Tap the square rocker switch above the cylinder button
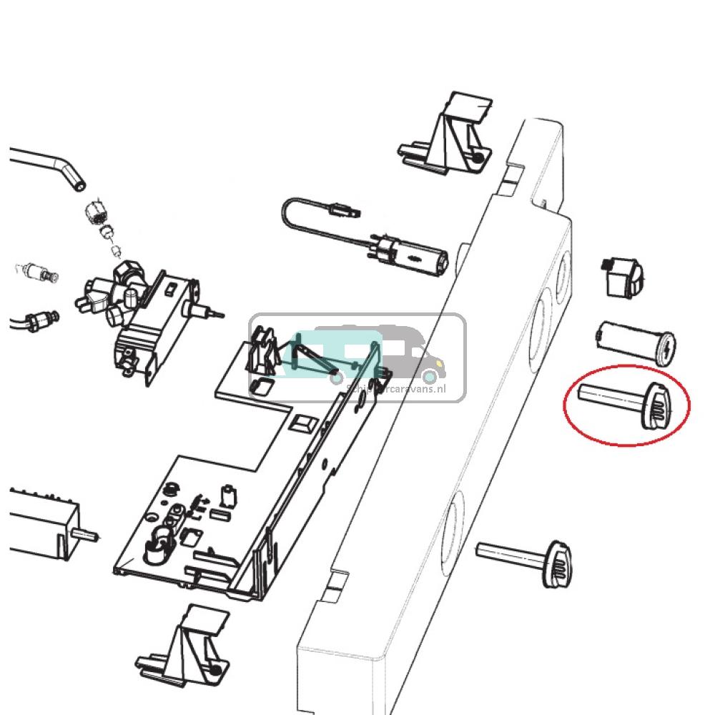coord(621,278)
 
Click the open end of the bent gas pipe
coord(78,185)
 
